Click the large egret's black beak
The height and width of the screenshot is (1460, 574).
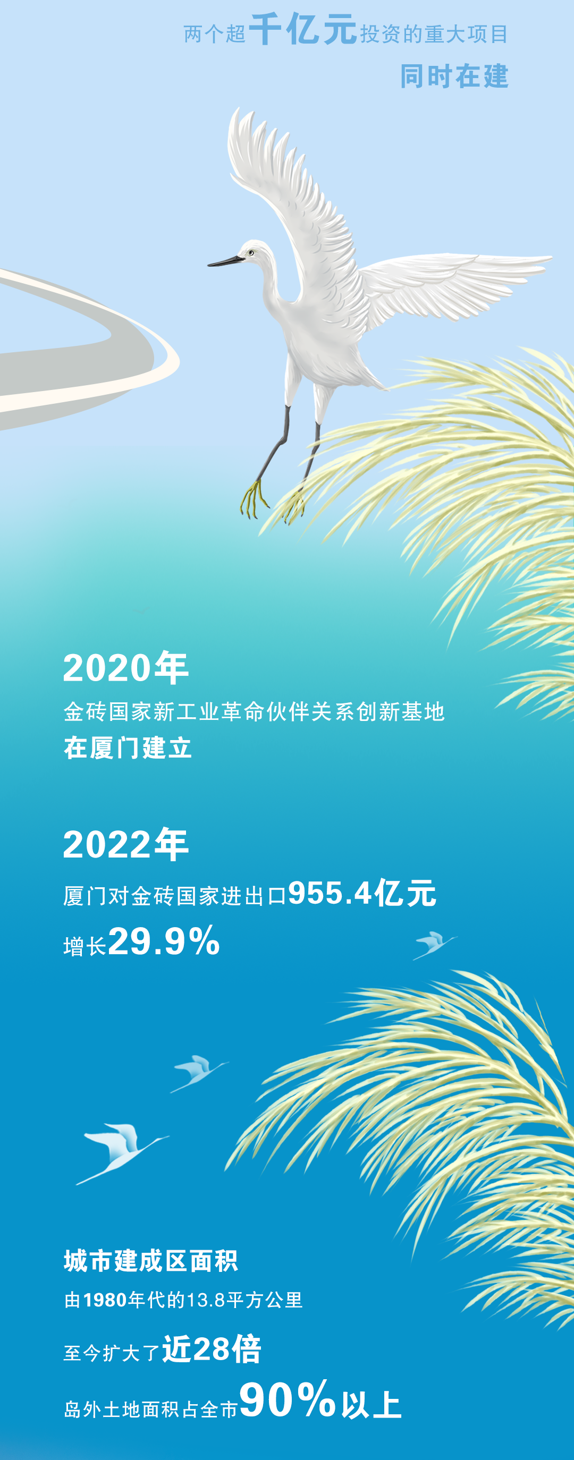click(x=226, y=261)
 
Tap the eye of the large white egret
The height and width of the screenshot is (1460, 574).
click(x=250, y=252)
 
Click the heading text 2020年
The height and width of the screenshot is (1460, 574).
click(x=125, y=667)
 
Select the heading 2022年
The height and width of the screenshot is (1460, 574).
click(x=125, y=844)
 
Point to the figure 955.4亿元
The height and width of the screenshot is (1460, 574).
click(x=362, y=893)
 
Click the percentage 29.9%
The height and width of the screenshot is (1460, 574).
click(x=164, y=941)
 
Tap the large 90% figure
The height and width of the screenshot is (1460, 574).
click(x=288, y=1399)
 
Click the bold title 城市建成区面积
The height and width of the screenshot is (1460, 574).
click(x=151, y=1260)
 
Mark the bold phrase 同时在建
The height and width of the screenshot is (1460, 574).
click(x=454, y=77)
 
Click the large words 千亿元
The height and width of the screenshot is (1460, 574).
click(x=303, y=29)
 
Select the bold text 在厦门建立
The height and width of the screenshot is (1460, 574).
click(x=128, y=748)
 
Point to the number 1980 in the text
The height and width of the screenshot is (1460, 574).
click(x=105, y=1300)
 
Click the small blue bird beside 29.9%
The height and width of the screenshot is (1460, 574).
click(x=434, y=945)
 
